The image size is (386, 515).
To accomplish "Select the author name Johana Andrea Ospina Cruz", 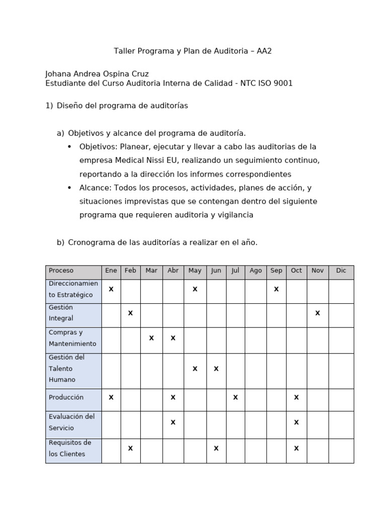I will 97,74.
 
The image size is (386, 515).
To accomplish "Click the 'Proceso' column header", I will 61,271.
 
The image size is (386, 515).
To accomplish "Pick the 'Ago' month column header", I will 256,271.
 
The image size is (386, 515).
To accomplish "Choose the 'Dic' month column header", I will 341,271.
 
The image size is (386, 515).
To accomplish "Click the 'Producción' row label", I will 66,397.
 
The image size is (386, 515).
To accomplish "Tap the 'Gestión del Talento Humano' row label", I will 66,369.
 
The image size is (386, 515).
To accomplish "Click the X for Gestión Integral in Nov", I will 317,313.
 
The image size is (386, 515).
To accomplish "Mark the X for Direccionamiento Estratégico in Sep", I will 276,289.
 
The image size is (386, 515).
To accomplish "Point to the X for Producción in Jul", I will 235,397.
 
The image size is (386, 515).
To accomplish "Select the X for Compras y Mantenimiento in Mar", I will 151,338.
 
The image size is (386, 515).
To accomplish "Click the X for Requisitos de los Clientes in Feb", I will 130,448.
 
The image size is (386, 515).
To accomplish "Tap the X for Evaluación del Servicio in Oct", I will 296,422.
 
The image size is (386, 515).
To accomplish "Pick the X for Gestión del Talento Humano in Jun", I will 216,369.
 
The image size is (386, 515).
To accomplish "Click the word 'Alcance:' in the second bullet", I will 95,188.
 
